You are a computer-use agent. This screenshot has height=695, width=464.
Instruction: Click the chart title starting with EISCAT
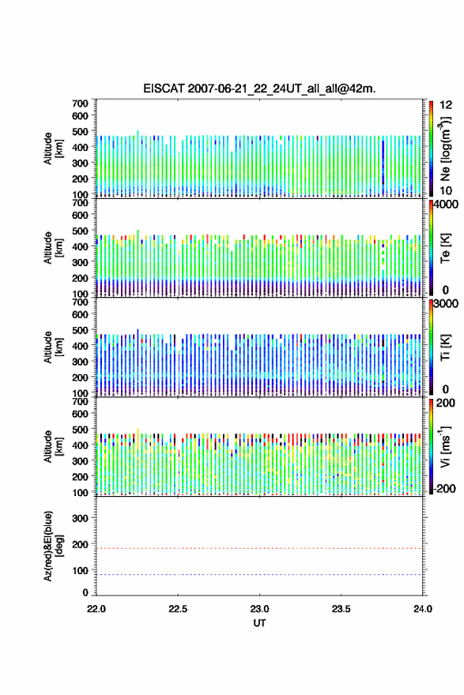point(259,88)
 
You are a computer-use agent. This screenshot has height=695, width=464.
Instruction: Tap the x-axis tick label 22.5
point(178,609)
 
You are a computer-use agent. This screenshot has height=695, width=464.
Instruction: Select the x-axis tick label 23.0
point(259,609)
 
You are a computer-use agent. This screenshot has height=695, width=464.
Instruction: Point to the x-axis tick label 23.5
point(341,609)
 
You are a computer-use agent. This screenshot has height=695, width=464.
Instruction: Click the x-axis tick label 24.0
point(423,609)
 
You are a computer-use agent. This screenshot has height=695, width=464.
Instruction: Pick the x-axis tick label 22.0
point(96,609)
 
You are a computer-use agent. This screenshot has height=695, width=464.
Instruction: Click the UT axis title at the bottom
point(259,623)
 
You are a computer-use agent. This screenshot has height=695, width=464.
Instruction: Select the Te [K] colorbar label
point(445,248)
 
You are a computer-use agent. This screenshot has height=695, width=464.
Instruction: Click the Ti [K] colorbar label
point(445,347)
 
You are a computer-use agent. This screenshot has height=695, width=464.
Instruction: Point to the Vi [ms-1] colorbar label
point(445,447)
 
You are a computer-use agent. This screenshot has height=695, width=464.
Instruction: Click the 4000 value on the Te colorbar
point(446,205)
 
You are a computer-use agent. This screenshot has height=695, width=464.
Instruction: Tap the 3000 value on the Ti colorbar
point(446,303)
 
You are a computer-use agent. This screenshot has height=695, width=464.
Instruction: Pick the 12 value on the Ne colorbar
point(446,105)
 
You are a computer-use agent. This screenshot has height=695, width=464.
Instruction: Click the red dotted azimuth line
point(259,548)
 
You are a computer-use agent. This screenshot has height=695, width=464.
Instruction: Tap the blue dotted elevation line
point(259,574)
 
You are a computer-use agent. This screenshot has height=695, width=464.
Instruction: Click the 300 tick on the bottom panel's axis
point(81,518)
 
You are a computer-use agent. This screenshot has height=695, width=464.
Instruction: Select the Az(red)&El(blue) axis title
point(54,546)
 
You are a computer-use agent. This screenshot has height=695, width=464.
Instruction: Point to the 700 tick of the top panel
point(81,103)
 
